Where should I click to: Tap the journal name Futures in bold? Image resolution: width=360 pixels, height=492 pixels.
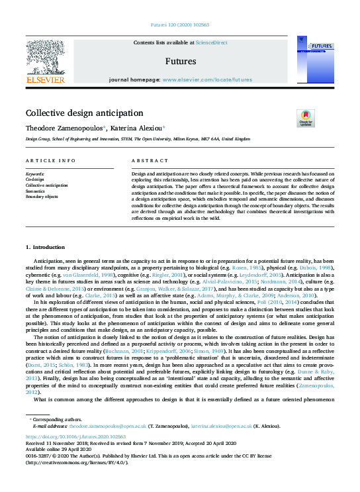(180, 61)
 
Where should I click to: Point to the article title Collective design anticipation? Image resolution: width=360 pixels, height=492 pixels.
(84, 113)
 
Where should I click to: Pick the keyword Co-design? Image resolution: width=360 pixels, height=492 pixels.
(34, 179)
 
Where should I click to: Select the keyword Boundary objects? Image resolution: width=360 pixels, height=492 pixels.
(42, 197)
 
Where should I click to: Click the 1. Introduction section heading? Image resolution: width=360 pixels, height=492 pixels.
(46, 247)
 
